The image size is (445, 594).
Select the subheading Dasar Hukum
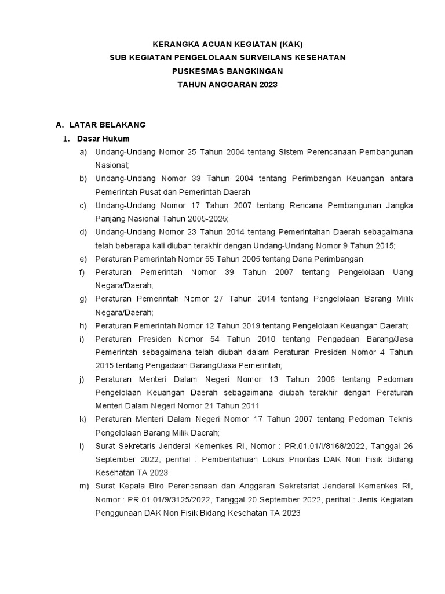click(103, 139)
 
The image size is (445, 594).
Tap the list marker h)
click(83, 325)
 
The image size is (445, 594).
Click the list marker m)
click(85, 486)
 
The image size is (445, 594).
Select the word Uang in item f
click(403, 272)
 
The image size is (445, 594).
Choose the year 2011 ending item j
click(249, 405)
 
